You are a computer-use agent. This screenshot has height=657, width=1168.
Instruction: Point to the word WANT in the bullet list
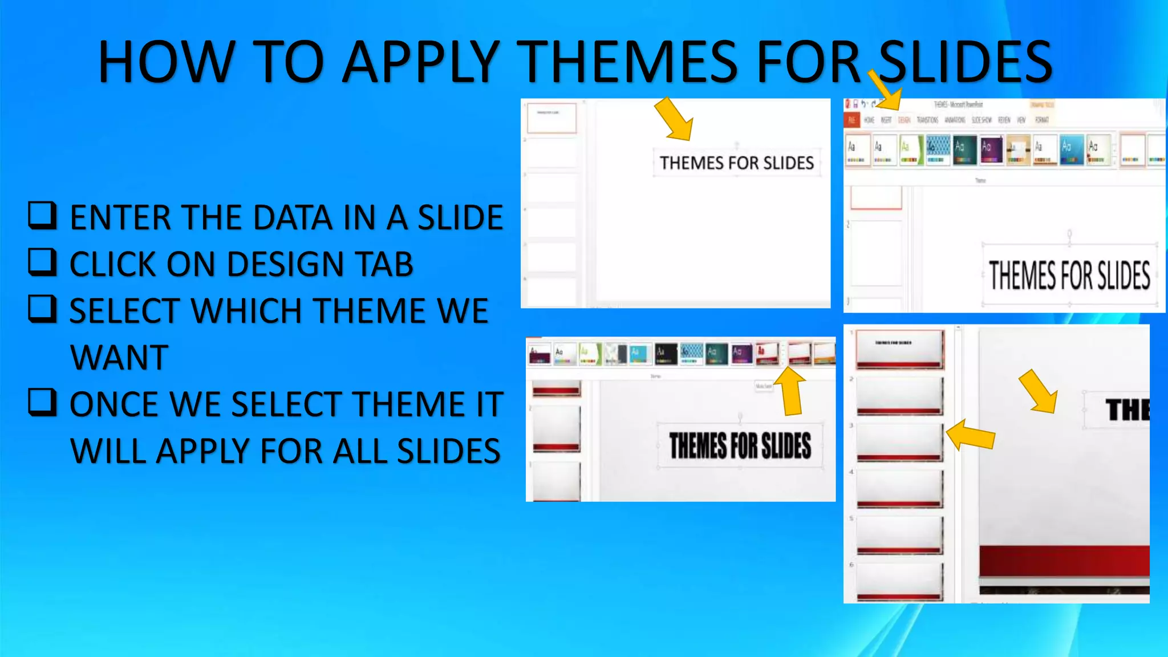(x=119, y=358)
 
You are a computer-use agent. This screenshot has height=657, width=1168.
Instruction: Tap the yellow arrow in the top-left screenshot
(x=674, y=119)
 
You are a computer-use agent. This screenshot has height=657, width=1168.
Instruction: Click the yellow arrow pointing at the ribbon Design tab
(x=885, y=90)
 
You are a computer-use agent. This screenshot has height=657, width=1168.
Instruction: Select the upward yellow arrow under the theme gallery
(x=791, y=391)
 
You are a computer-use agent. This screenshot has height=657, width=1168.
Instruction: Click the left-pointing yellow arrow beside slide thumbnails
(x=971, y=435)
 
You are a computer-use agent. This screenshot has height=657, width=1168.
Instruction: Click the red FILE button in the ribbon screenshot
(x=851, y=120)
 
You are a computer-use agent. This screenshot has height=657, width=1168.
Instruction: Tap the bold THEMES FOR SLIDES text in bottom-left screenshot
(x=740, y=445)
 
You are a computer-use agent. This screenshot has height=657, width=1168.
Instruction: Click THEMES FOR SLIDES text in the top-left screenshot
(x=737, y=163)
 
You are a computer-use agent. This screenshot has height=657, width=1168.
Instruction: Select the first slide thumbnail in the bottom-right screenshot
(x=899, y=349)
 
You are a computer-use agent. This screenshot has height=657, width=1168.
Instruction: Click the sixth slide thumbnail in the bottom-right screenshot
(x=899, y=582)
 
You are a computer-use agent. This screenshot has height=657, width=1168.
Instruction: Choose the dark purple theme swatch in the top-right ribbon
(x=991, y=150)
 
